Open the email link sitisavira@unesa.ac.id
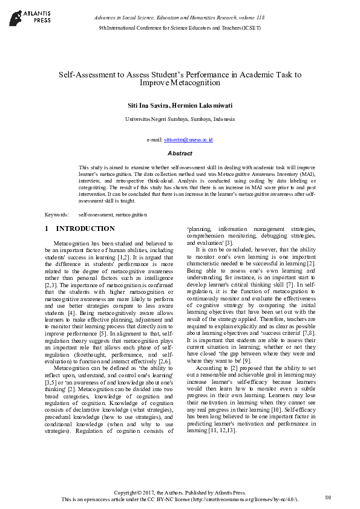(x=188, y=140)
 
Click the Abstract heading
(x=180, y=154)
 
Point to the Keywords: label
(x=57, y=215)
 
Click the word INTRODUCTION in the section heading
(x=85, y=229)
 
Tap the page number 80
(x=328, y=497)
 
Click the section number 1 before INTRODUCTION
(x=47, y=229)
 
